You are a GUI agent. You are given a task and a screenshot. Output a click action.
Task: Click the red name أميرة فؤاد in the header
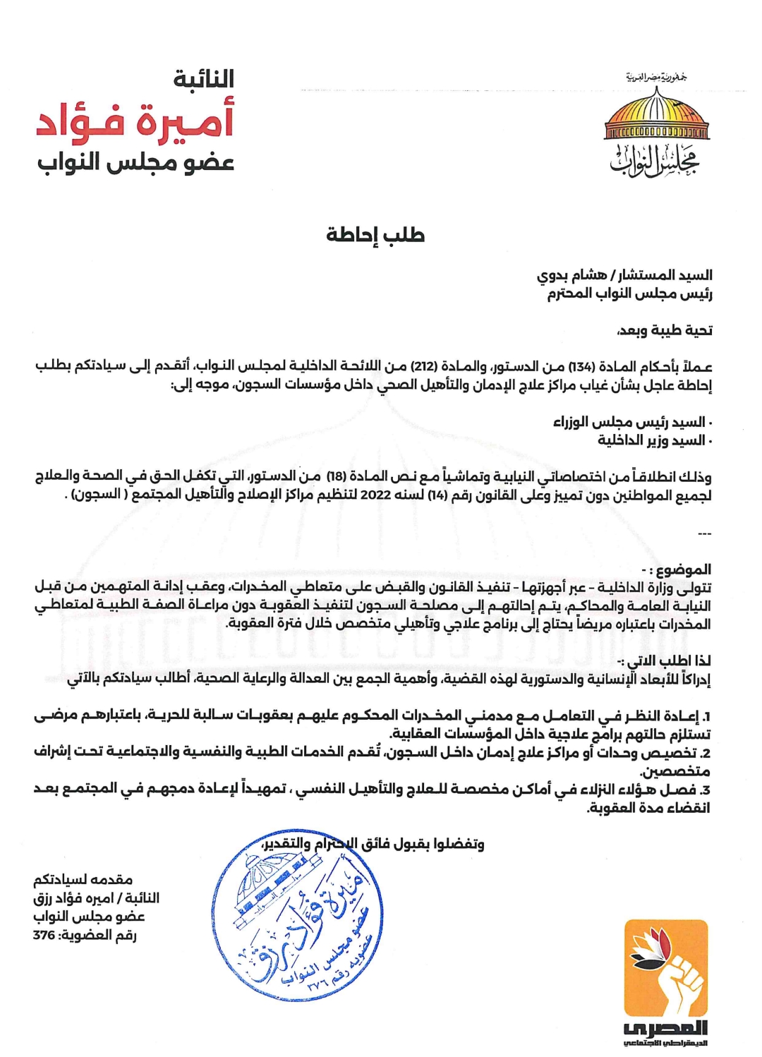[x=135, y=121]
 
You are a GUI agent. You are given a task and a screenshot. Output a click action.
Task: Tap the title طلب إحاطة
[x=375, y=235]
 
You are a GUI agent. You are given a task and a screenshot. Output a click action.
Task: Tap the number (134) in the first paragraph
[x=581, y=367]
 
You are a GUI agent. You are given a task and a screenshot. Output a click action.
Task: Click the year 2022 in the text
[x=375, y=495]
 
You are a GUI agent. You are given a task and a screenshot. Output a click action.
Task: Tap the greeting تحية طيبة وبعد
[x=665, y=330]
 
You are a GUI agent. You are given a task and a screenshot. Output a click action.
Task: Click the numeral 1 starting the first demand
[x=706, y=716]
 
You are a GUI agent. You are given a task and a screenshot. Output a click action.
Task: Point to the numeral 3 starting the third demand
[x=706, y=790]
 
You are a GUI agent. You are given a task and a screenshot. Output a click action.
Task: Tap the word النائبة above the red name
[x=204, y=79]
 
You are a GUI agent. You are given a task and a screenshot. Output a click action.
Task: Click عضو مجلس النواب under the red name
[x=135, y=163]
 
